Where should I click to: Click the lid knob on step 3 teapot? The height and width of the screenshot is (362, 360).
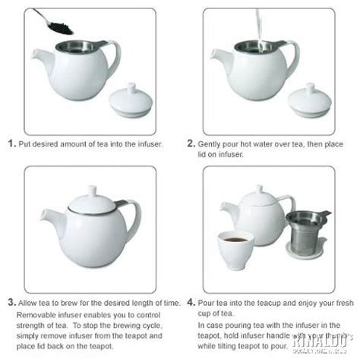[x=92, y=187]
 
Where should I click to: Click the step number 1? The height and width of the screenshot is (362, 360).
[x=11, y=142]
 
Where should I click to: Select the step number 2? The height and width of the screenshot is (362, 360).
[x=191, y=142]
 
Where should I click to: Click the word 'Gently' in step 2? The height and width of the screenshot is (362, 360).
[x=210, y=143]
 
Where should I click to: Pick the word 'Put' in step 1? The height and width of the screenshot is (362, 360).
[x=26, y=143]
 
